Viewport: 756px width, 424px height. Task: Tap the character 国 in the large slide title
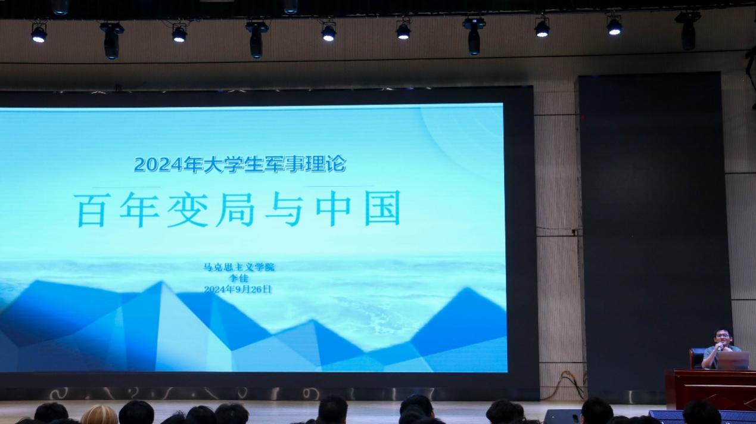click(382, 208)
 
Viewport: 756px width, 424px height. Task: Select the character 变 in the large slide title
click(187, 209)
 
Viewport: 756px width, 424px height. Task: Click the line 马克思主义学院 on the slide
click(239, 267)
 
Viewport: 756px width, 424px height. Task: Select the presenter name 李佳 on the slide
click(239, 278)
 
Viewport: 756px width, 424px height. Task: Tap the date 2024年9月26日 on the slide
click(238, 289)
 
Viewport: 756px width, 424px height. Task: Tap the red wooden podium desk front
click(711, 389)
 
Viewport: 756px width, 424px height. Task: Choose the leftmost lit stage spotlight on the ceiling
click(39, 33)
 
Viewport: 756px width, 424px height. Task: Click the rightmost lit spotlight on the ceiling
click(614, 26)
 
